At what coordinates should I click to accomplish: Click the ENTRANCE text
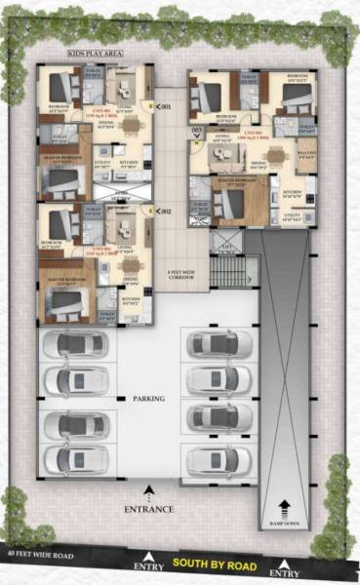149,509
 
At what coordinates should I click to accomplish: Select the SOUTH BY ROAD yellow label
215,565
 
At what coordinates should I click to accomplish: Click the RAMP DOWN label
284,526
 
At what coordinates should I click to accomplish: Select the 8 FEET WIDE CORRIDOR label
181,276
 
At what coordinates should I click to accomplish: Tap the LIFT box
225,243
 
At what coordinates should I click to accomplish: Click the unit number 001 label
165,105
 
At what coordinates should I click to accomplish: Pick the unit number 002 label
165,211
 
